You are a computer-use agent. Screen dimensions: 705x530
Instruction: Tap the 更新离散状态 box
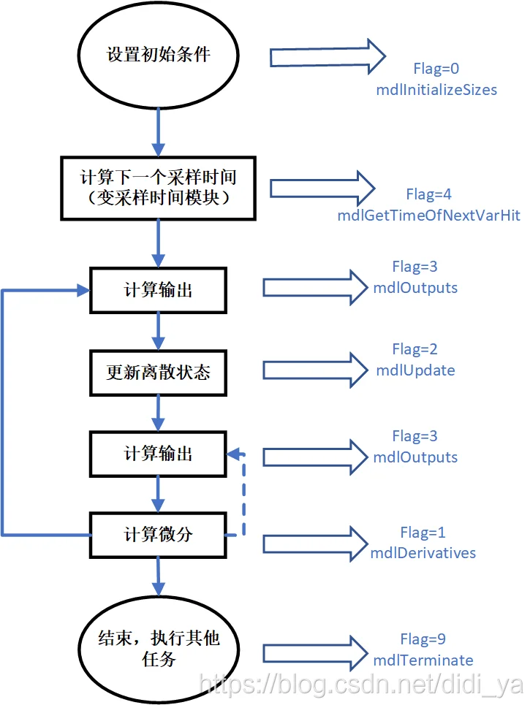point(158,372)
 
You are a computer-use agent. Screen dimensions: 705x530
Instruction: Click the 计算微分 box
point(158,534)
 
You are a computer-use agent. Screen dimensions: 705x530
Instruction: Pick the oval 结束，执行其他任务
point(158,647)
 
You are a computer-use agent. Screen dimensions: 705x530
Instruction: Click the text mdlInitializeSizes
point(436,90)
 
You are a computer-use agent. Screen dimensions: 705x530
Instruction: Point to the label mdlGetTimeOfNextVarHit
point(429,216)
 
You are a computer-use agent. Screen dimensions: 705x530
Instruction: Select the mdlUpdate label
point(415,370)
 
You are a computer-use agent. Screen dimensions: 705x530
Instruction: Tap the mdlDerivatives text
point(423,552)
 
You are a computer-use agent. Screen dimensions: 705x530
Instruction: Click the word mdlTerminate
point(423,660)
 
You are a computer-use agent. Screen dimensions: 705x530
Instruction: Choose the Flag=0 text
point(436,69)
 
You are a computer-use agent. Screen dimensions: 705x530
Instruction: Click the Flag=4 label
point(429,194)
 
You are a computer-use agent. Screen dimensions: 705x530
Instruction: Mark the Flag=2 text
point(415,349)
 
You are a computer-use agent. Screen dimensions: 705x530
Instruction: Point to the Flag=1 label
point(423,532)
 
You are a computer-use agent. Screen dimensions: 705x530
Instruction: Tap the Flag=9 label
point(423,639)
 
